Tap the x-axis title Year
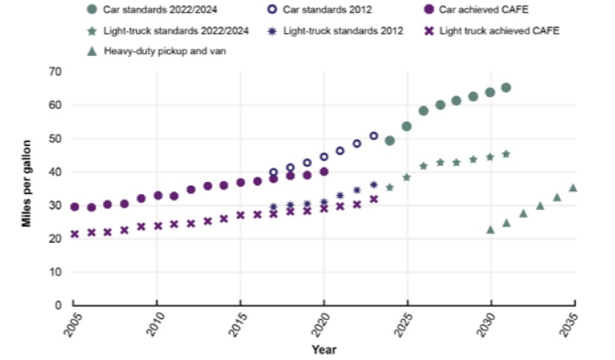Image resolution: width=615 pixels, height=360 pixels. tap(324, 350)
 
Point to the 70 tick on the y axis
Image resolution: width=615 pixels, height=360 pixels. tap(54, 72)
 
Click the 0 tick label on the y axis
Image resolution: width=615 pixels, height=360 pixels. tap(57, 305)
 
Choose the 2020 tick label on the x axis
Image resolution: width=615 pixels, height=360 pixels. tap(319, 326)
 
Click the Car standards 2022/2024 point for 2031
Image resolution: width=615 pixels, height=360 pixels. tap(506, 87)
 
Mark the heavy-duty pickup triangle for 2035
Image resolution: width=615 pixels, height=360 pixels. tap(572, 187)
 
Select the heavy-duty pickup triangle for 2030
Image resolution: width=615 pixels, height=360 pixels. tap(490, 229)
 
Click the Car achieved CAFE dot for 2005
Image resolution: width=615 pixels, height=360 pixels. tap(75, 207)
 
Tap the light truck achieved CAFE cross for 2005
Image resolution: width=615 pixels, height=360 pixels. tap(75, 234)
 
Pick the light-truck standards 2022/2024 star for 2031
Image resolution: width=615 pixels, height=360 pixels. tap(506, 154)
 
